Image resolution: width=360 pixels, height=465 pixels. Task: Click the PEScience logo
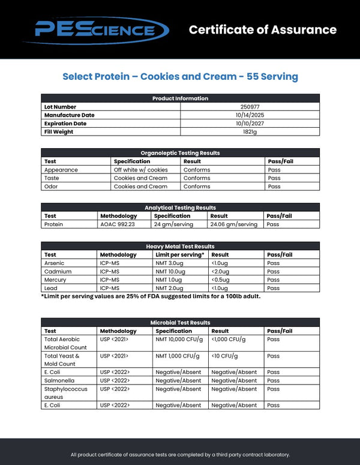point(101,29)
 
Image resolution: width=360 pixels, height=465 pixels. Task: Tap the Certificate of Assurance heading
point(263,30)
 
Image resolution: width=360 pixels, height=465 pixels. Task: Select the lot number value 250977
point(249,107)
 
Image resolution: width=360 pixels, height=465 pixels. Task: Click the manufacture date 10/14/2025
point(249,115)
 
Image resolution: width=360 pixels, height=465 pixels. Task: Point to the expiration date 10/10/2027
point(249,124)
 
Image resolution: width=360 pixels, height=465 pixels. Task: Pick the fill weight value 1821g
point(249,132)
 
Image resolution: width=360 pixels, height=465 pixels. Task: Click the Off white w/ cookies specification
point(141,170)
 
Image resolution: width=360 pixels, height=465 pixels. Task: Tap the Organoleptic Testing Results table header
point(180,153)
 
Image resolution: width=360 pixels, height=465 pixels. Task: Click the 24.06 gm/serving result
point(233,224)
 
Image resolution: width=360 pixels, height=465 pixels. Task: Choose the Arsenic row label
point(55,263)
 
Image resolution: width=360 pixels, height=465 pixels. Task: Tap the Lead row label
point(50,288)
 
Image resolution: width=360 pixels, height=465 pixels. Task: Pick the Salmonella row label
point(58,380)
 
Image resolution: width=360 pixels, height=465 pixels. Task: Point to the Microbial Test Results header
point(180,323)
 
